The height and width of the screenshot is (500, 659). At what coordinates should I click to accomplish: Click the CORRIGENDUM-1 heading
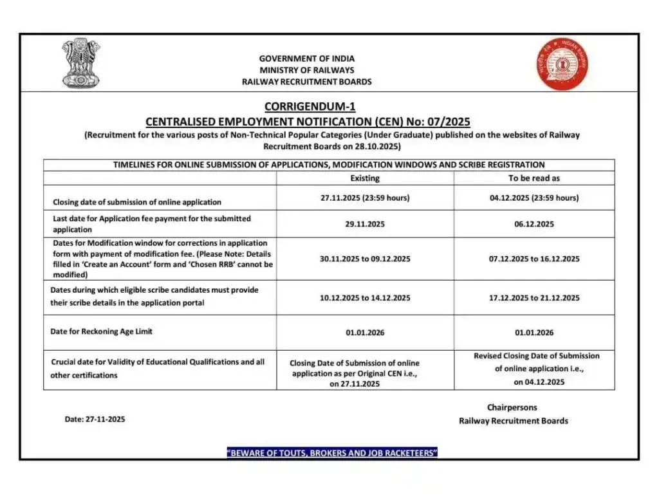point(310,107)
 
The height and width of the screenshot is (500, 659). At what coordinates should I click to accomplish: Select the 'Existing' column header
point(365,178)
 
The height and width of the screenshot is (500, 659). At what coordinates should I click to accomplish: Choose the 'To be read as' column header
point(534,178)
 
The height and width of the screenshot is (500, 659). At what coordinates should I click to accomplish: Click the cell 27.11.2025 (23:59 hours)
point(365,198)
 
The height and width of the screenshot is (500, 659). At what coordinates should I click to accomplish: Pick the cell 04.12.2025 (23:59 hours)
point(534,198)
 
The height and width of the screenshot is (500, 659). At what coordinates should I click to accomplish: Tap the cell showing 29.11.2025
point(365,224)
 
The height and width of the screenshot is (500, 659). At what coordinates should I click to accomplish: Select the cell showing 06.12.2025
point(534,224)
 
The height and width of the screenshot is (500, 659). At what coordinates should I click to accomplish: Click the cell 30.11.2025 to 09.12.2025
point(365,259)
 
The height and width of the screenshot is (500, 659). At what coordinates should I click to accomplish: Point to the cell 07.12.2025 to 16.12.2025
point(534,259)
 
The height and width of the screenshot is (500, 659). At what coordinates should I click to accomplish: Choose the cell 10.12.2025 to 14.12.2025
point(365,298)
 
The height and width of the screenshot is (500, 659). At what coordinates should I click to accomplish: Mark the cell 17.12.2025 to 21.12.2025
point(534,298)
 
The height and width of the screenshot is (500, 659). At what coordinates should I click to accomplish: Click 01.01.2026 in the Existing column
point(365,333)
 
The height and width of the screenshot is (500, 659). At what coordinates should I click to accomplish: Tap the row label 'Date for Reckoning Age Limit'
point(102,331)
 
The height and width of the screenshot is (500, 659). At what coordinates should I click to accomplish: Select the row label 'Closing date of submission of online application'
point(136,202)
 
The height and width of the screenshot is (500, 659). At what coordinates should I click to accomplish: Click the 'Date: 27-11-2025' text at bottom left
point(95,419)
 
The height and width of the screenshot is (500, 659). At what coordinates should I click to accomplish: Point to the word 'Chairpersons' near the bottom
point(512,407)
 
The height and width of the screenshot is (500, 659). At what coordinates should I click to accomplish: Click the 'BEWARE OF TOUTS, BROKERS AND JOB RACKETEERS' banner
point(332,453)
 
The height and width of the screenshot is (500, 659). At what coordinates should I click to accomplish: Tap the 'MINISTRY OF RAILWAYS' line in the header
point(307,70)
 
